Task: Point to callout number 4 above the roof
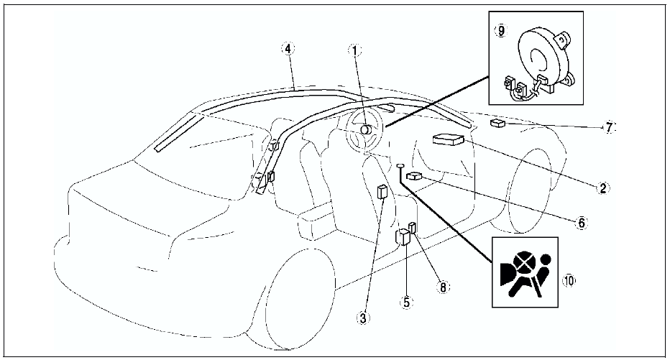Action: point(288,49)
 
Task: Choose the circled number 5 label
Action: point(406,303)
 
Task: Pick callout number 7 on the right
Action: point(609,127)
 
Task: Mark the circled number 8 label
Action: point(444,285)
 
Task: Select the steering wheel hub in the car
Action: point(364,130)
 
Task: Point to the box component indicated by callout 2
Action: point(448,139)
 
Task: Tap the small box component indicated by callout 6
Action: point(414,175)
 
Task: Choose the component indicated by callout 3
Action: point(383,191)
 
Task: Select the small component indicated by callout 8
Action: point(413,228)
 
